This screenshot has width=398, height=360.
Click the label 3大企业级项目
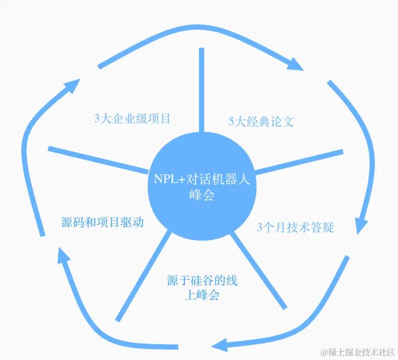132,119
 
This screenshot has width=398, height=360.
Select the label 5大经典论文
261,121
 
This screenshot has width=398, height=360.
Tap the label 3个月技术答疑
295,228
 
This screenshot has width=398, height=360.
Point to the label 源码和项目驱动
102,222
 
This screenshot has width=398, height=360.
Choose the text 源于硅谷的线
202,280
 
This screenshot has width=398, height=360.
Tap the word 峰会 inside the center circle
201,195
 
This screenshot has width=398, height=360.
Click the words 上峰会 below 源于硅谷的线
201,295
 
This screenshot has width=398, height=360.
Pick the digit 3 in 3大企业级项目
97,119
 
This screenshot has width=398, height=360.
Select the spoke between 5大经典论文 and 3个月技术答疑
298,161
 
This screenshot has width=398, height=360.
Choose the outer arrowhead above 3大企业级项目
74,86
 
